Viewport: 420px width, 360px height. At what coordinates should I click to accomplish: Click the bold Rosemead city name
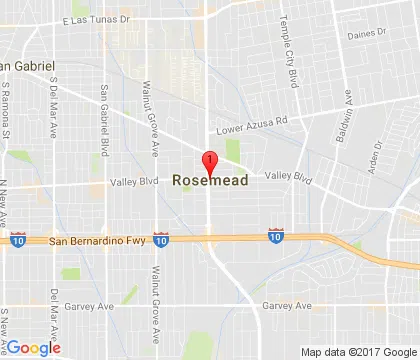[x=210, y=181]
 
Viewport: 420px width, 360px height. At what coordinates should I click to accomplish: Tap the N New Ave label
[x=5, y=201]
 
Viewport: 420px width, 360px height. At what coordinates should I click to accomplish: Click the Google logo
[x=32, y=347]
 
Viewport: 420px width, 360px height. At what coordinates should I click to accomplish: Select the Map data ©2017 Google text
[x=357, y=351]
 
